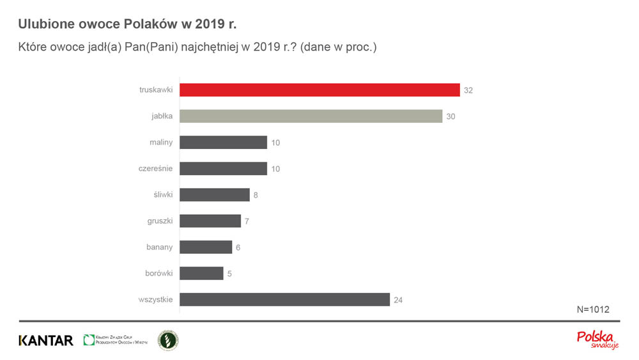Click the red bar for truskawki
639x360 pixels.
tap(319, 90)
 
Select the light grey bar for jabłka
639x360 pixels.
tap(311, 116)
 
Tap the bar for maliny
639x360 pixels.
tap(223, 143)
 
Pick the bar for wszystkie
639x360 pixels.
tap(284, 299)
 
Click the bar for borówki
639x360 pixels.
tap(201, 273)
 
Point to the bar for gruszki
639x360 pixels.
tap(210, 221)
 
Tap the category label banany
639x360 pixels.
tap(158, 247)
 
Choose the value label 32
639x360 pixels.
tap(468, 91)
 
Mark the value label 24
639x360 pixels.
tap(398, 300)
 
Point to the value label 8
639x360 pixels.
tap(256, 195)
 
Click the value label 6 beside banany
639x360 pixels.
tap(238, 247)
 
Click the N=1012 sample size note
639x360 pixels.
tap(593, 309)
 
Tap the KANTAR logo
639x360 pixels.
tap(46, 340)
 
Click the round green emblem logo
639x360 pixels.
tap(168, 340)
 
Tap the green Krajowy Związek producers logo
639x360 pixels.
tap(116, 340)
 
